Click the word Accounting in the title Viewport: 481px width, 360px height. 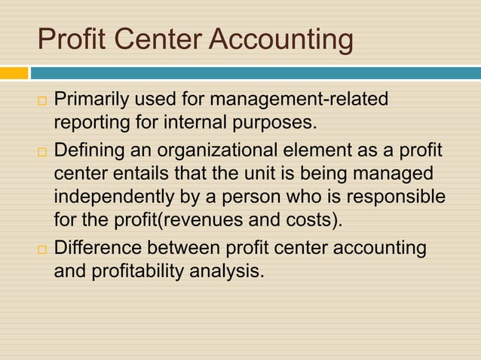(280, 39)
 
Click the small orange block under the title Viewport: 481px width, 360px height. (14, 73)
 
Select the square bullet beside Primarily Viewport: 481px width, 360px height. (41, 100)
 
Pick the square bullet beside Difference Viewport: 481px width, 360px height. (41, 249)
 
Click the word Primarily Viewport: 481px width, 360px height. (91, 99)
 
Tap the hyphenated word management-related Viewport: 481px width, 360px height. (299, 99)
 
